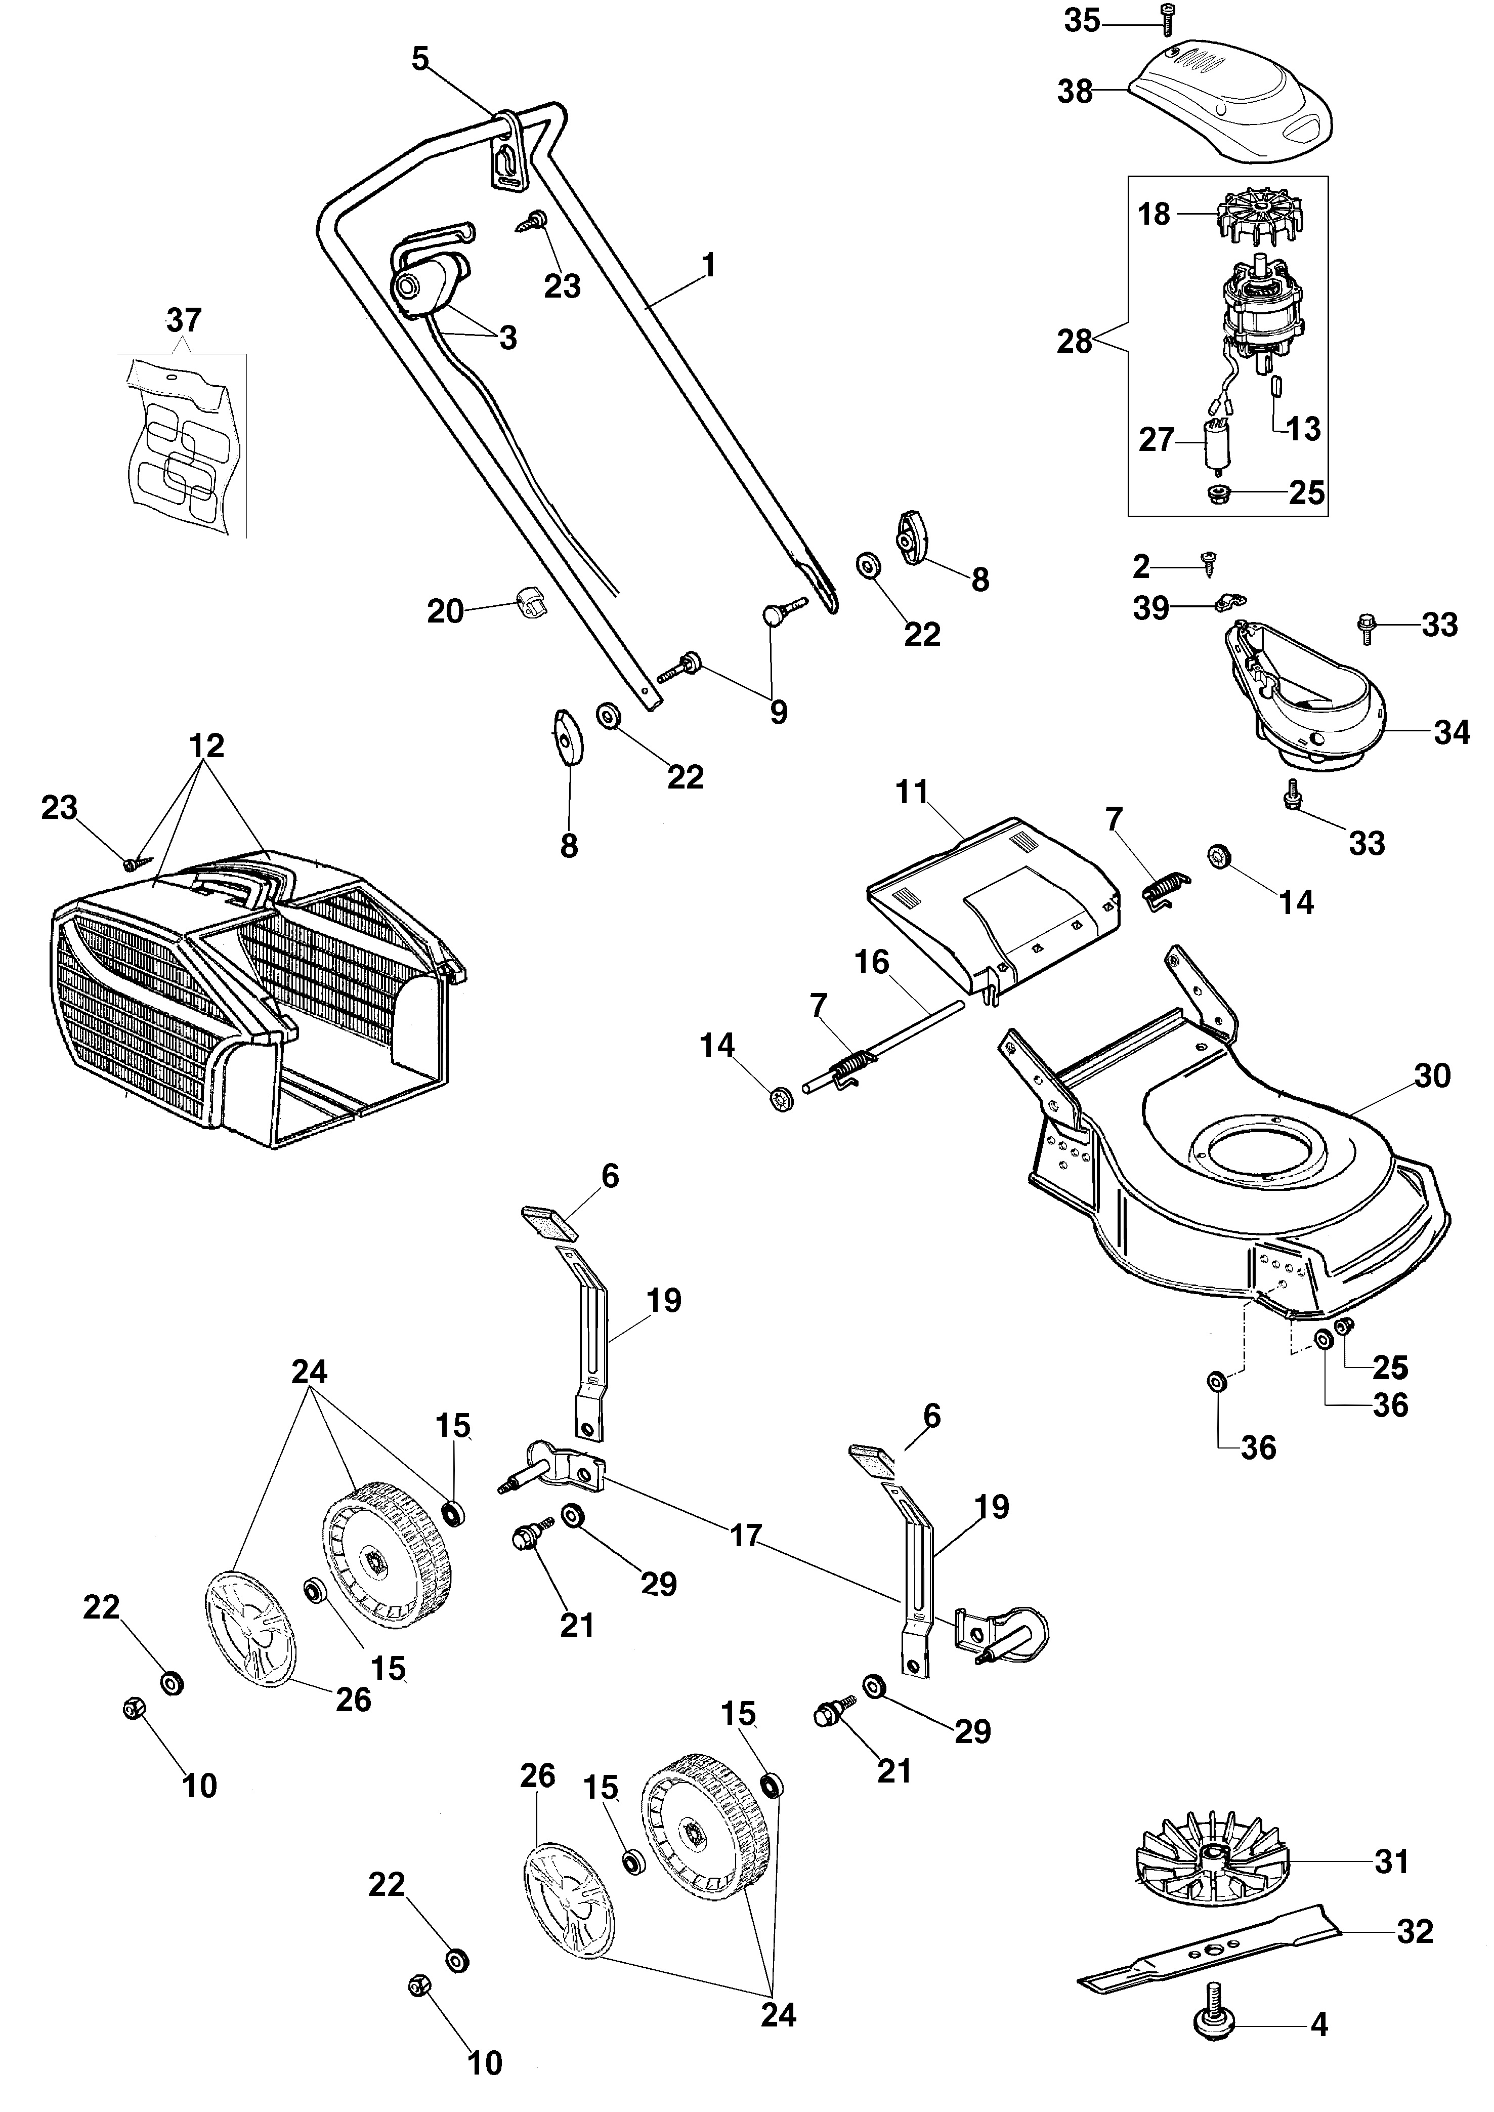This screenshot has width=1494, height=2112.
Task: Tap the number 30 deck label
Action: tap(1431, 1076)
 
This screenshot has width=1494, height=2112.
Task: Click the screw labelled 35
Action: tap(1170, 18)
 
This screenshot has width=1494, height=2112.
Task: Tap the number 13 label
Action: tap(1303, 429)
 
